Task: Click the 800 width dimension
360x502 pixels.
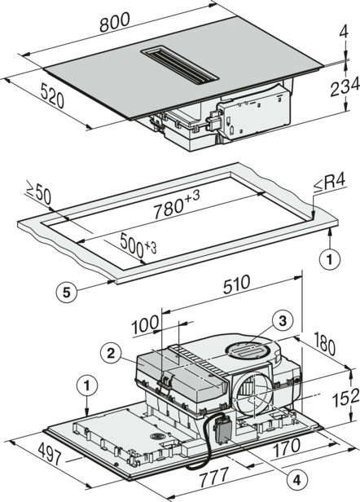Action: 115,22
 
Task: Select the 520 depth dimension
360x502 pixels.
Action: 53,95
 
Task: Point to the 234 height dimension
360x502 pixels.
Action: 345,87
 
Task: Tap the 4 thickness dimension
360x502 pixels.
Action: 345,32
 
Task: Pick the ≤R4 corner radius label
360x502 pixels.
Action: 330,184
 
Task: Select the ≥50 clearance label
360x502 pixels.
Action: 38,194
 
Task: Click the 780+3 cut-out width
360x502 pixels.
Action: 177,207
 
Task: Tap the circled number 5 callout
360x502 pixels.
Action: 66,292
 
